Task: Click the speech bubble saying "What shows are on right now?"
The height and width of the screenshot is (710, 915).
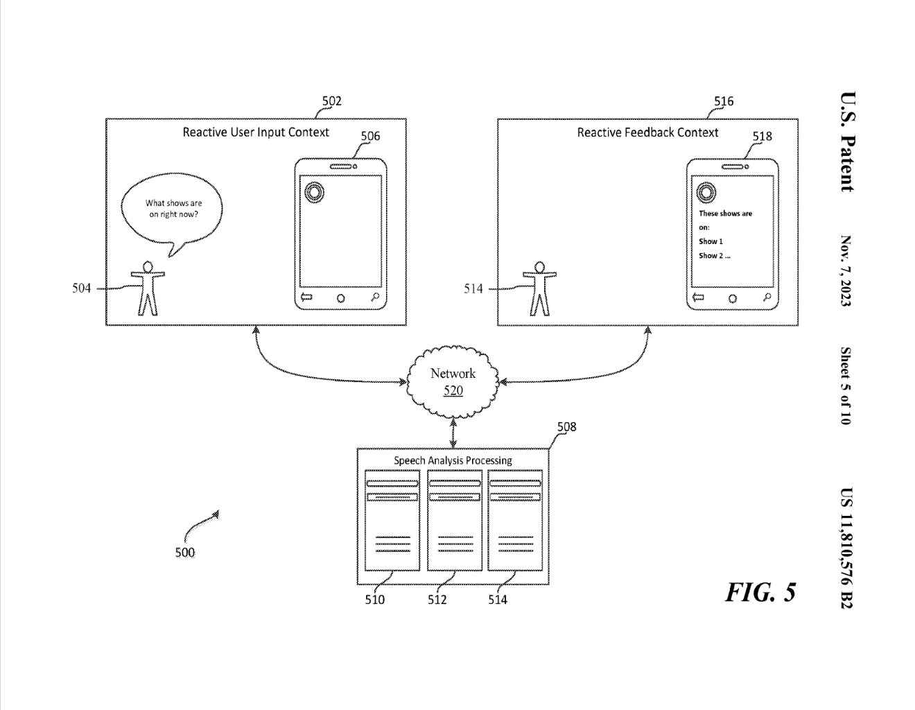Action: click(172, 209)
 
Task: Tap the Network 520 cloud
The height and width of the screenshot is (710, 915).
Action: click(453, 381)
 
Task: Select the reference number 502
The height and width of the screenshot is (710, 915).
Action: click(331, 101)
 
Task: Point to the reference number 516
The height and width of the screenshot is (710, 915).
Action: click(724, 101)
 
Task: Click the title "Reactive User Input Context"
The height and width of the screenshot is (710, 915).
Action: click(256, 132)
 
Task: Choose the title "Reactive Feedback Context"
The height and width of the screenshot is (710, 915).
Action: click(647, 132)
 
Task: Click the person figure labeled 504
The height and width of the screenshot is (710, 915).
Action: click(146, 288)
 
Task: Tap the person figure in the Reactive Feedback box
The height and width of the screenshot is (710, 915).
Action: click(539, 288)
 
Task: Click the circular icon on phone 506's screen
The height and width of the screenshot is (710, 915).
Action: click(313, 191)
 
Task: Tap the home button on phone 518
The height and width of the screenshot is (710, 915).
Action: click(733, 298)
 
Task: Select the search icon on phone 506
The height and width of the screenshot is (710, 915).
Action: click(375, 298)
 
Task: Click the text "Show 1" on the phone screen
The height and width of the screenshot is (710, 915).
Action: click(711, 241)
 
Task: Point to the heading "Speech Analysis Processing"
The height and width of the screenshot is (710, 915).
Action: click(453, 460)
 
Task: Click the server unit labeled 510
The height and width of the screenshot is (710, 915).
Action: click(392, 520)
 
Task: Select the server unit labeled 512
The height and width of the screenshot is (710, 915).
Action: click(455, 520)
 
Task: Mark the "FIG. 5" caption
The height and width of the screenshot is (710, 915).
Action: click(760, 592)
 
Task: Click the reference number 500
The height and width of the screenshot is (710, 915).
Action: click(185, 553)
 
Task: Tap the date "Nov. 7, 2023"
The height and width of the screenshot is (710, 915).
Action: click(846, 271)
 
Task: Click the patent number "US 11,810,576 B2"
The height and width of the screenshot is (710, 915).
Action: click(846, 548)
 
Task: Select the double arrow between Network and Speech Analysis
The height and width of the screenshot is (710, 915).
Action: click(453, 433)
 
